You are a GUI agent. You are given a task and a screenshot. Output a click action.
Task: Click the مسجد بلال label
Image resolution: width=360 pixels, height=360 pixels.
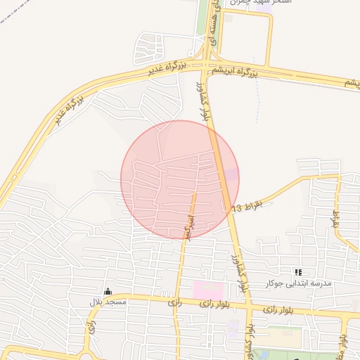pos(107,302)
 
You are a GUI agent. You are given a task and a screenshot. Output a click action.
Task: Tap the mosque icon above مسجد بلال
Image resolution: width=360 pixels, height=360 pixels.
pos(108,291)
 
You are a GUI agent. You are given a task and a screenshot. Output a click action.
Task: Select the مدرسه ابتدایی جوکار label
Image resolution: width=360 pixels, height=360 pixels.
pos(296,283)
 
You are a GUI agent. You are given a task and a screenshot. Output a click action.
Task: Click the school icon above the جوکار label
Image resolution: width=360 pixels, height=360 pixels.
pos(298,271)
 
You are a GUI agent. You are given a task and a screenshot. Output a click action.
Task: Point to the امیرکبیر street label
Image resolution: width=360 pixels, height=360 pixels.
pos(188,226)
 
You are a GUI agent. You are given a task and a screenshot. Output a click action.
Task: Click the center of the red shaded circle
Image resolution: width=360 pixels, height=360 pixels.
pos(180,179)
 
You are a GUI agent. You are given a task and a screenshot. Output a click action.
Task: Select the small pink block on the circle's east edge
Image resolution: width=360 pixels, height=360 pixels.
pos(231,174)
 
